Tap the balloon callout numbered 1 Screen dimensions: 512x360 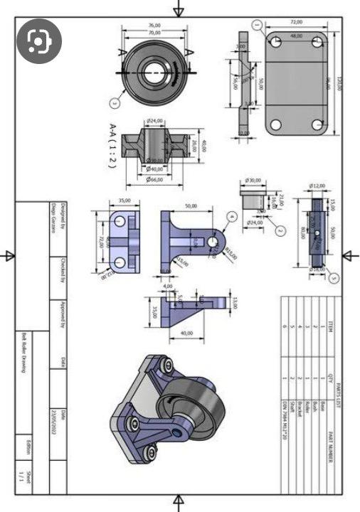pos(257,24)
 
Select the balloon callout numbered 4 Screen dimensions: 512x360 pos(232,215)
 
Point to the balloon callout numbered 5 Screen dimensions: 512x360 pos(335,279)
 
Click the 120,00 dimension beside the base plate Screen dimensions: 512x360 pos(340,83)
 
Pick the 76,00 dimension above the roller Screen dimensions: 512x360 pos(154,26)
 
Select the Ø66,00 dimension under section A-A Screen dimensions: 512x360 pos(154,179)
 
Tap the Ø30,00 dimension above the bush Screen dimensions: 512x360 pos(253,181)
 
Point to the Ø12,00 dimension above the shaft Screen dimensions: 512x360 pos(317,186)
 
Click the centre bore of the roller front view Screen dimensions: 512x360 pos(154,73)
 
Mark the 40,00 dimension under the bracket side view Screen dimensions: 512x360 pos(186,333)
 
